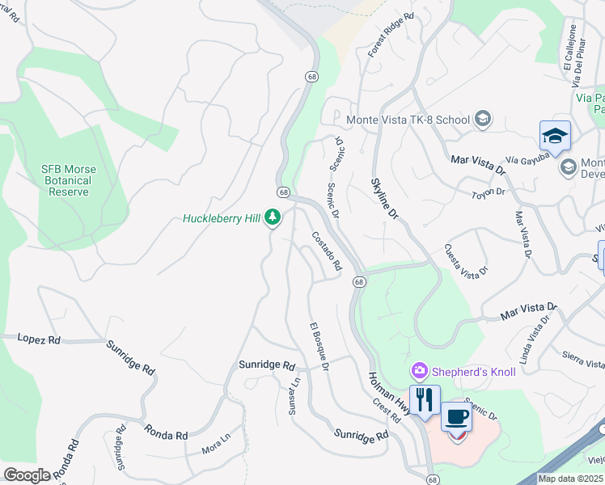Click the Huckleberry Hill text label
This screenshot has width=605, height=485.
222,218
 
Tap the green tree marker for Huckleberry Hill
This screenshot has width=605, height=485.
273,217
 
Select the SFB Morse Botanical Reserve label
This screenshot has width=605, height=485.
69,181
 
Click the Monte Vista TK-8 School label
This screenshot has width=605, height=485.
408,120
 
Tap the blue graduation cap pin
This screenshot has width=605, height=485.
555,137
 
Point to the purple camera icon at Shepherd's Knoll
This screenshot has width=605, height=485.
419,371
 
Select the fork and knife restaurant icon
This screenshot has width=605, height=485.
425,399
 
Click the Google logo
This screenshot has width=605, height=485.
27,475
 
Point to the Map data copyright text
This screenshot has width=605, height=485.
570,479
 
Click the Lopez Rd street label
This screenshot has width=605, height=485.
39,339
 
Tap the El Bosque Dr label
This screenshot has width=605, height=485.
319,347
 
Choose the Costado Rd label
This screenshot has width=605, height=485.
327,251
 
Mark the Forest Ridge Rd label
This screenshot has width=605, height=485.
391,35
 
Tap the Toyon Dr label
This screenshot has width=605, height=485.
489,192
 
